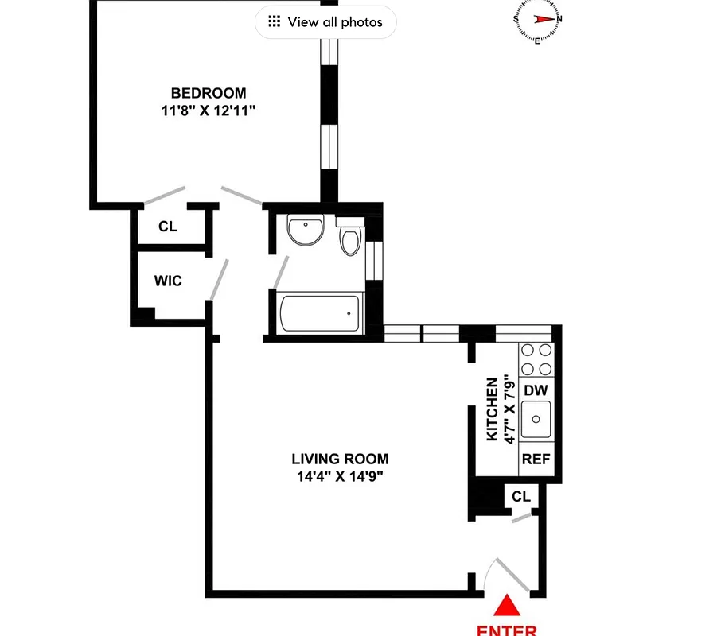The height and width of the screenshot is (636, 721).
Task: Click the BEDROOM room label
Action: coord(208,93)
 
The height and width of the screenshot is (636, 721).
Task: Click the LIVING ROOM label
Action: coord(340,459)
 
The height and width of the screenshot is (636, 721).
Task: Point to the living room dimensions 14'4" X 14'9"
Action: coord(340,477)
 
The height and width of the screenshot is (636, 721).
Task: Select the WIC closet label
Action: coord(168,281)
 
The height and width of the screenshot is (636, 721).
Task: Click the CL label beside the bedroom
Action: coord(167,227)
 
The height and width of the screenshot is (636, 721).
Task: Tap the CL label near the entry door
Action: coord(520,497)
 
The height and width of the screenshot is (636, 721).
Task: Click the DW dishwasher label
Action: coord(536,390)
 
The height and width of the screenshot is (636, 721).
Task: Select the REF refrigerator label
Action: coord(536,460)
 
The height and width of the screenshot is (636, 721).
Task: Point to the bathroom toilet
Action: coord(349,238)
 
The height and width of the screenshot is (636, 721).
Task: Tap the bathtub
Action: coord(319,314)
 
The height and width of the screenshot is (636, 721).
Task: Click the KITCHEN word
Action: coord(493,409)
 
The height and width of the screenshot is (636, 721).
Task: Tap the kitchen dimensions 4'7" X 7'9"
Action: coord(509,409)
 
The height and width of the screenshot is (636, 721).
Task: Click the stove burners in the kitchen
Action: coord(536,359)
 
